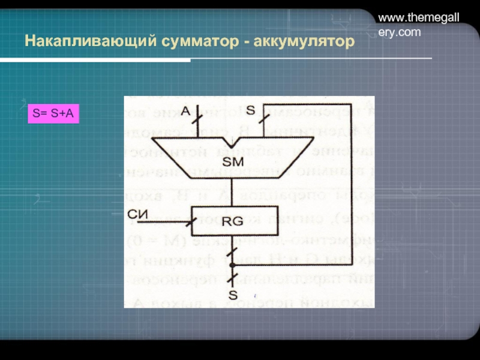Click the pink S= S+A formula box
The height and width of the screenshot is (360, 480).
pyautogui.click(x=53, y=112)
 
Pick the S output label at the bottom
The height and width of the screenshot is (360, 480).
pyautogui.click(x=233, y=295)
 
